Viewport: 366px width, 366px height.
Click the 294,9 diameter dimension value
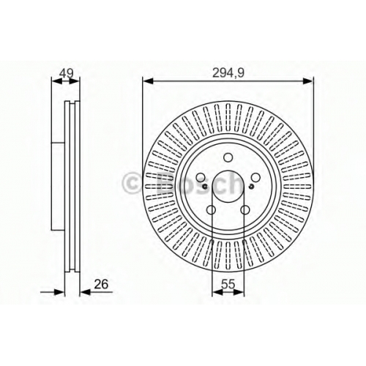(x=228, y=72)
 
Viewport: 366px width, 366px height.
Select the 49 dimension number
(x=67, y=72)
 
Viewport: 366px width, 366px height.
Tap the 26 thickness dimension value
(x=101, y=284)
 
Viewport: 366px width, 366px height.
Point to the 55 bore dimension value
(x=228, y=284)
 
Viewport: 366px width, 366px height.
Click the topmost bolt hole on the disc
(x=228, y=157)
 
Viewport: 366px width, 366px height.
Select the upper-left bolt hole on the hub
(x=201, y=177)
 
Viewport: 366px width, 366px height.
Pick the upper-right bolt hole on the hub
(x=255, y=177)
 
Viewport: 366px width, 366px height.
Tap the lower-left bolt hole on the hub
(x=211, y=209)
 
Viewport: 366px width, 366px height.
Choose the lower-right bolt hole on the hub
(x=245, y=209)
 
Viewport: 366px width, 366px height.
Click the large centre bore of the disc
(x=228, y=186)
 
